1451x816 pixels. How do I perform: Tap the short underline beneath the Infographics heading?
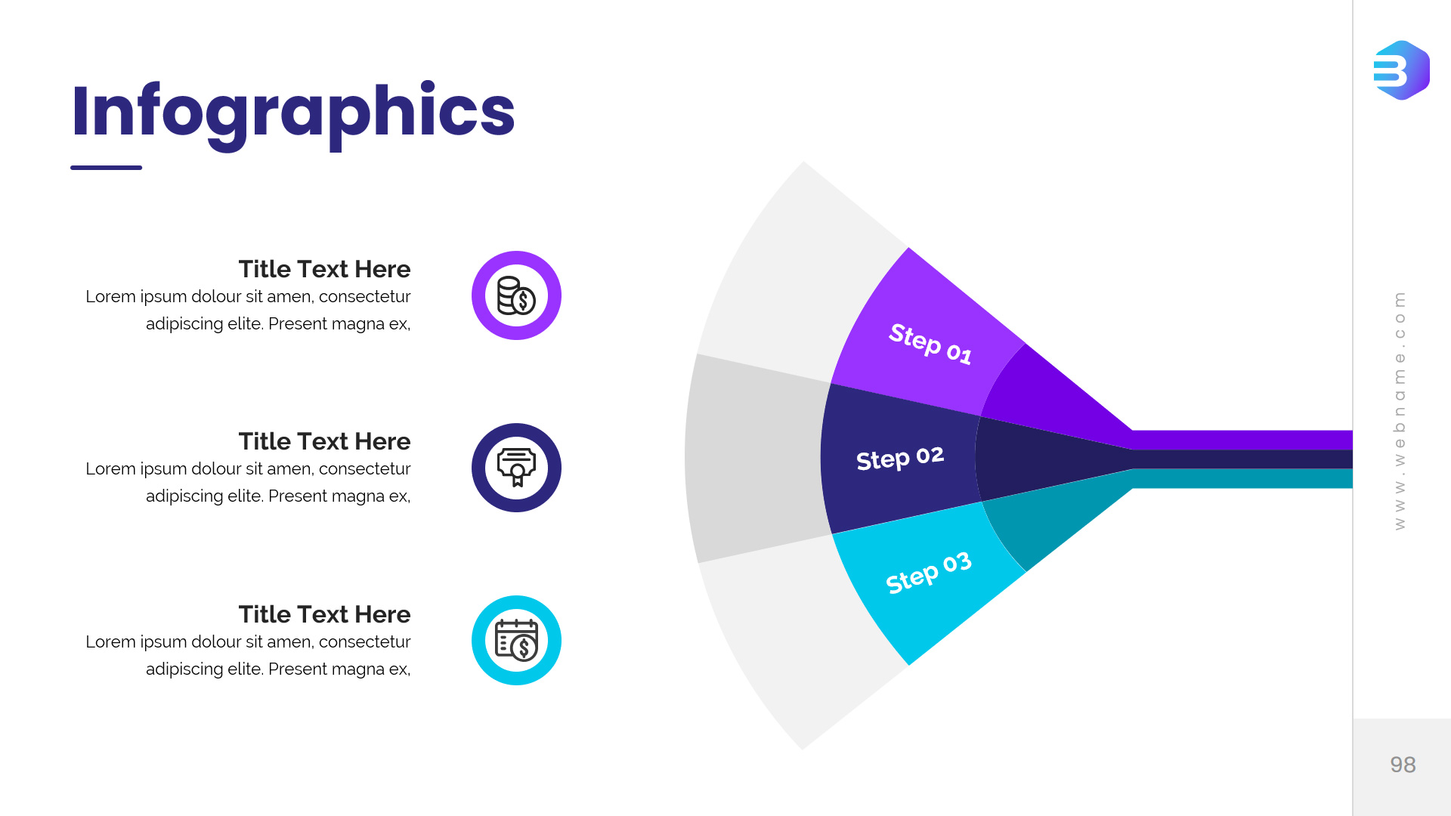(106, 168)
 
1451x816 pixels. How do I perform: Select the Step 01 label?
(930, 343)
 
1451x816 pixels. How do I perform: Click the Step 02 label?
(900, 458)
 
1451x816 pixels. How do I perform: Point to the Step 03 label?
(929, 572)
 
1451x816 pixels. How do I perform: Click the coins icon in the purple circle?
(516, 295)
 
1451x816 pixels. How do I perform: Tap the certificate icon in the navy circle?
(516, 467)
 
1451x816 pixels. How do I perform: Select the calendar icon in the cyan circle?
(516, 640)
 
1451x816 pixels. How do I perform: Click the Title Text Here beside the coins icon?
(324, 269)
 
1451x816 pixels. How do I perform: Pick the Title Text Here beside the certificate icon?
(324, 441)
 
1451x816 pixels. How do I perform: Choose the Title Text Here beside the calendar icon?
(324, 614)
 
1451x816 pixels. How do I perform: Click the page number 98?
(1403, 765)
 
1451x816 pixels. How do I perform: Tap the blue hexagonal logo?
(1402, 70)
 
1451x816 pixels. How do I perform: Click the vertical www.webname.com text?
(1400, 410)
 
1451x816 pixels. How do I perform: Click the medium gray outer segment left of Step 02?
(756, 459)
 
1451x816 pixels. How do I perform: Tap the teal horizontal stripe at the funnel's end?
(1242, 478)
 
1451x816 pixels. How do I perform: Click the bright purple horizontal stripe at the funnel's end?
(1242, 440)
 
